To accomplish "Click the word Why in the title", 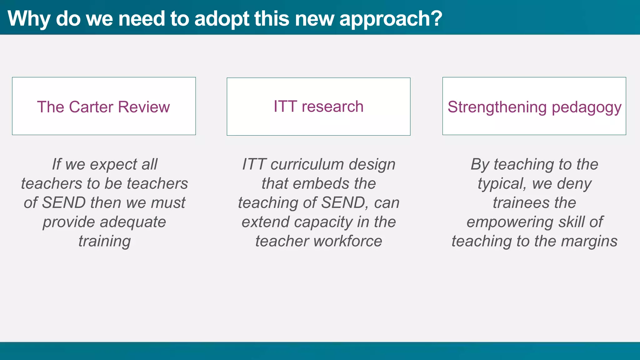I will pyautogui.click(x=29, y=19).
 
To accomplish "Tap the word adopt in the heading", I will pyautogui.click(x=222, y=19).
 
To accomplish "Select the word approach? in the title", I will pyautogui.click(x=391, y=19).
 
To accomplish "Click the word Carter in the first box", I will pyautogui.click(x=91, y=107).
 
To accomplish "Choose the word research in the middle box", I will pyautogui.click(x=332, y=106).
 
